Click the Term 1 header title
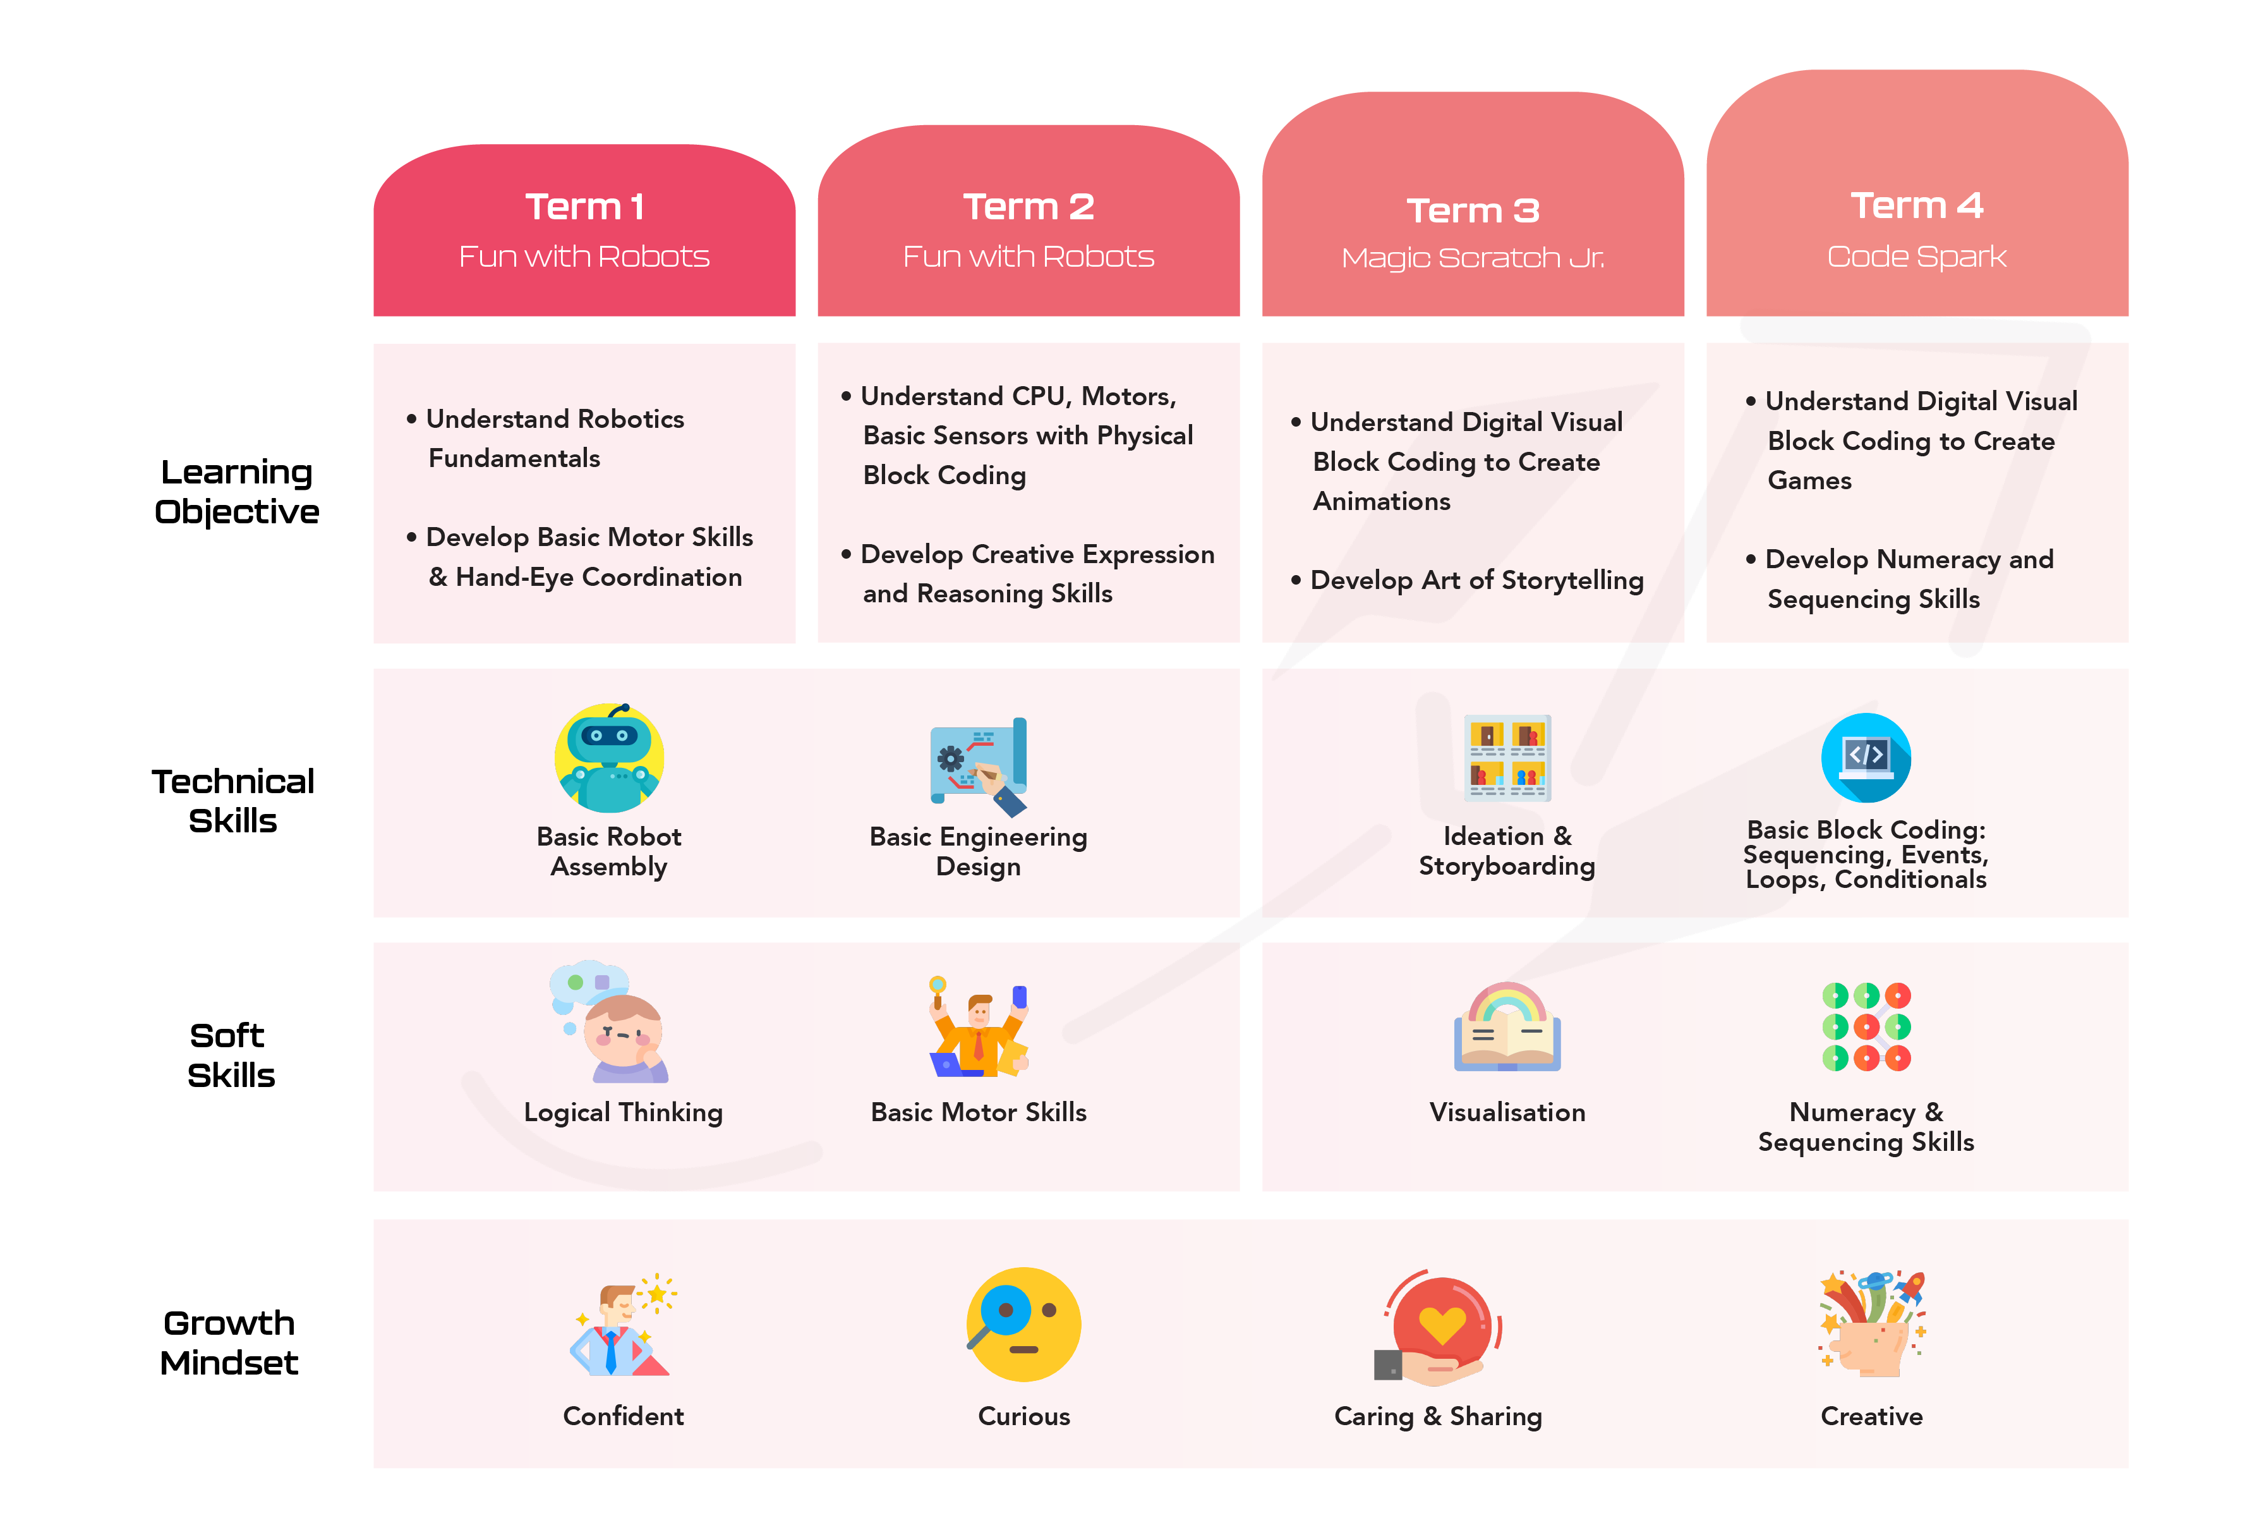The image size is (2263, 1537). pyautogui.click(x=584, y=207)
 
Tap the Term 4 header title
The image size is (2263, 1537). pyautogui.click(x=1916, y=205)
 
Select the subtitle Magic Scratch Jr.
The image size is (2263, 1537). pyautogui.click(x=1472, y=258)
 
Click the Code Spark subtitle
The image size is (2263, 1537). pyautogui.click(x=1916, y=256)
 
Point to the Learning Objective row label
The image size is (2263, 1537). pyautogui.click(x=237, y=492)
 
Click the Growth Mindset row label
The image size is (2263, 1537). pyautogui.click(x=230, y=1342)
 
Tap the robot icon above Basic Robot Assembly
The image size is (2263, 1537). pyautogui.click(x=610, y=758)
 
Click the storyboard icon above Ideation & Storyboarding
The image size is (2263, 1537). pyautogui.click(x=1507, y=758)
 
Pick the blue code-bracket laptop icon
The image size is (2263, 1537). pyautogui.click(x=1866, y=758)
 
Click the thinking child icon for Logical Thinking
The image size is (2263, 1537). pyautogui.click(x=610, y=1022)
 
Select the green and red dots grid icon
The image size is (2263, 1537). pyautogui.click(x=1866, y=1026)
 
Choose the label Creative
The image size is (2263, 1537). pyautogui.click(x=1871, y=1416)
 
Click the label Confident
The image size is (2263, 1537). pyautogui.click(x=623, y=1416)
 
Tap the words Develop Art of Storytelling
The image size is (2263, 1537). pyautogui.click(x=1476, y=581)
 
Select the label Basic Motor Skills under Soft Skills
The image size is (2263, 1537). pyautogui.click(x=979, y=1112)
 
